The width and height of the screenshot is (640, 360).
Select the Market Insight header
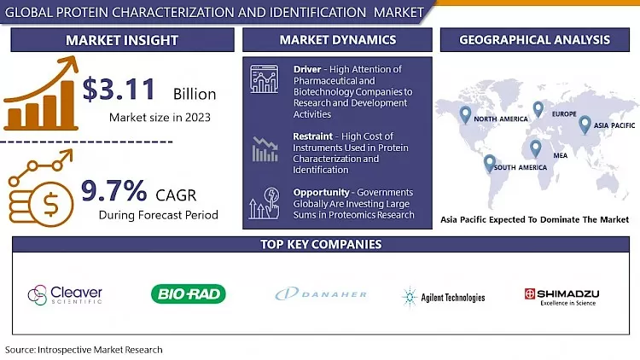coord(122,40)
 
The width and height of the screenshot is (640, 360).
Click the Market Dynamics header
coord(337,40)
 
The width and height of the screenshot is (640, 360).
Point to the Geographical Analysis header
coord(534,40)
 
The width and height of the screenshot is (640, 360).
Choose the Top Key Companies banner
coord(320,245)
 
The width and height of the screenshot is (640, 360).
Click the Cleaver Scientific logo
coord(65,294)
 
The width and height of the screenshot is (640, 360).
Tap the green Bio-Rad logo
coord(189,294)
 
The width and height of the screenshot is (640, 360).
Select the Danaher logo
coord(321,294)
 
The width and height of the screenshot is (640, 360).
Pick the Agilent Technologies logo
coord(443,297)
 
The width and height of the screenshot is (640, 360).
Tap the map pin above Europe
coord(538,109)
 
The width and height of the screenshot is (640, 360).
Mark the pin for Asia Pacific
coord(585,125)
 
